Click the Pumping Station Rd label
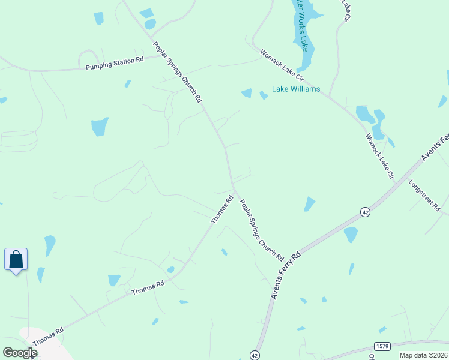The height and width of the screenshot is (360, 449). pyautogui.click(x=115, y=64)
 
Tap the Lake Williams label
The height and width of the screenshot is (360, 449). pyautogui.click(x=296, y=89)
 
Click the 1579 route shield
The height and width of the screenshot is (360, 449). pyautogui.click(x=382, y=346)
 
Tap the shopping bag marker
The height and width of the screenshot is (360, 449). pyautogui.click(x=16, y=259)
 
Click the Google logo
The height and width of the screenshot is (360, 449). pyautogui.click(x=19, y=353)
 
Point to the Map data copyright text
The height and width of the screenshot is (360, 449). pyautogui.click(x=424, y=355)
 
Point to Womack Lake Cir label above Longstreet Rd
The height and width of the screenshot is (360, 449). pyautogui.click(x=379, y=157)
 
